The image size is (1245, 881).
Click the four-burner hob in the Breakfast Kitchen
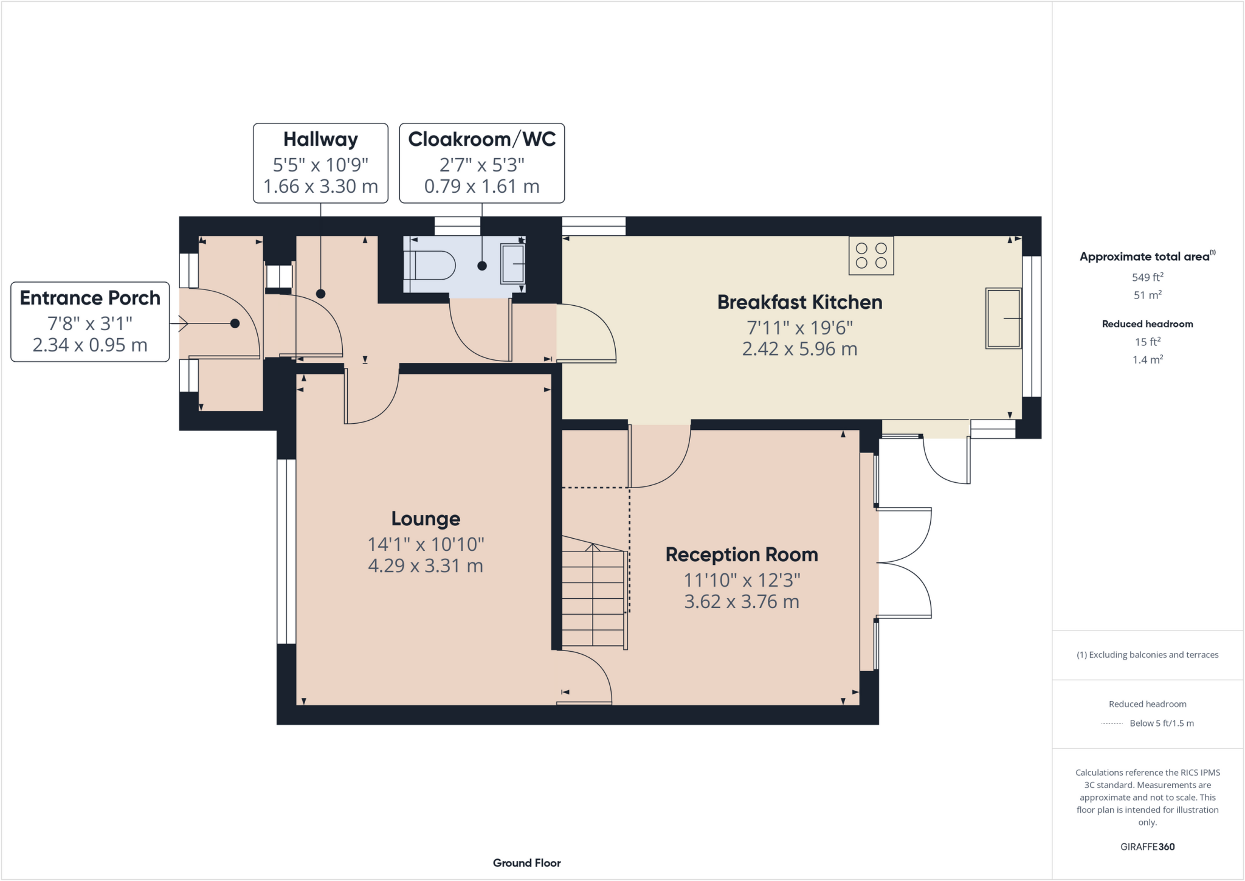pos(871,256)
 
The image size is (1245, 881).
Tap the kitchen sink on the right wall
pos(1003,318)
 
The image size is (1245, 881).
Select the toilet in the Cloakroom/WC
pos(432,266)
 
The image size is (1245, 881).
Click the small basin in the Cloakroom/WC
pos(512,263)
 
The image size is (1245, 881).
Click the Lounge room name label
pos(426,519)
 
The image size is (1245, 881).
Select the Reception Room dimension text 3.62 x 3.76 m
pos(742,602)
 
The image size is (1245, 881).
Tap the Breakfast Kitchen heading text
pos(799,302)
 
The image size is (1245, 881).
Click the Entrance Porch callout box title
pos(90,298)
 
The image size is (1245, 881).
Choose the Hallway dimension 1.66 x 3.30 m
pos(320,186)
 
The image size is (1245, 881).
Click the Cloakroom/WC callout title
pos(481,139)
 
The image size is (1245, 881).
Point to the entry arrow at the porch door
pos(180,324)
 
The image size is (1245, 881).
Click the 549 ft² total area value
pos(1147,277)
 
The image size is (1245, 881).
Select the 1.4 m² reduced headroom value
pos(1147,360)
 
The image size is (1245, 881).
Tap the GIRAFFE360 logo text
pos(1147,846)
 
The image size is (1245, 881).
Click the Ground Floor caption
pos(526,863)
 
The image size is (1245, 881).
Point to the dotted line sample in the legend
pos(1112,724)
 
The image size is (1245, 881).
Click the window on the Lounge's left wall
pos(286,551)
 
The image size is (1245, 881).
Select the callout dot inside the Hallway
pos(321,294)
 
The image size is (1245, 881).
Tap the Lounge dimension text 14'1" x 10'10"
pos(426,544)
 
